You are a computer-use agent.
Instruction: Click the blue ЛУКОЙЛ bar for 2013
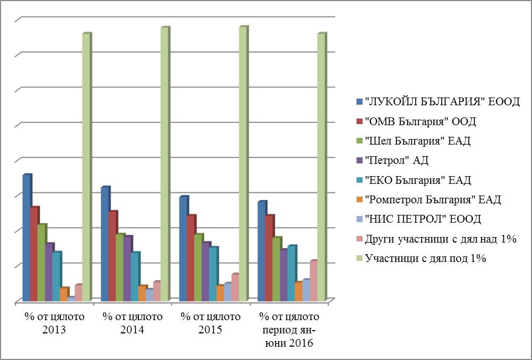click(x=26, y=238)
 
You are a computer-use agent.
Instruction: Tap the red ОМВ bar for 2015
click(x=190, y=258)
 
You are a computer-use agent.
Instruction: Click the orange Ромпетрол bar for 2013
click(x=63, y=295)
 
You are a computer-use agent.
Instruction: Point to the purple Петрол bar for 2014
click(x=127, y=269)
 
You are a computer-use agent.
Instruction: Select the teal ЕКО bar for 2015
click(x=213, y=274)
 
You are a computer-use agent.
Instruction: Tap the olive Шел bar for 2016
click(x=276, y=269)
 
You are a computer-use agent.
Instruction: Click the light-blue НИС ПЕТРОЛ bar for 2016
click(x=306, y=290)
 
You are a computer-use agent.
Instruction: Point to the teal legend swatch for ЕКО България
click(x=360, y=180)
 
